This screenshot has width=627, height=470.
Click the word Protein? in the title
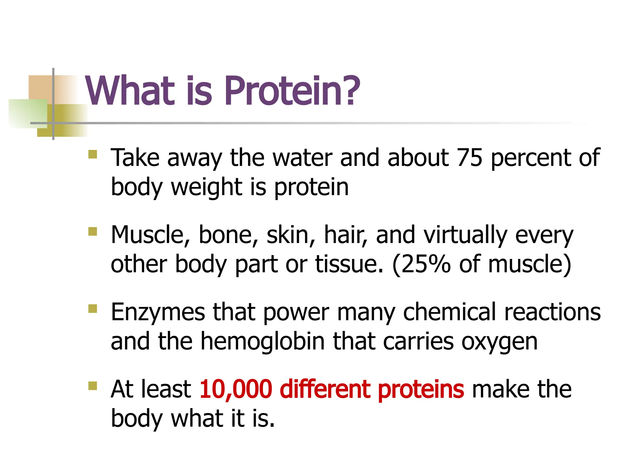(292, 91)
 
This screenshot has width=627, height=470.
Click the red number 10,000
(236, 389)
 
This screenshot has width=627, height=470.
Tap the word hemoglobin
(262, 341)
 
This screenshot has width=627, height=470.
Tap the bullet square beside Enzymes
(92, 308)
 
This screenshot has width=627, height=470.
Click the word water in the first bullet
(302, 158)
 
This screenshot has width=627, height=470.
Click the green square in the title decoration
(28, 113)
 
